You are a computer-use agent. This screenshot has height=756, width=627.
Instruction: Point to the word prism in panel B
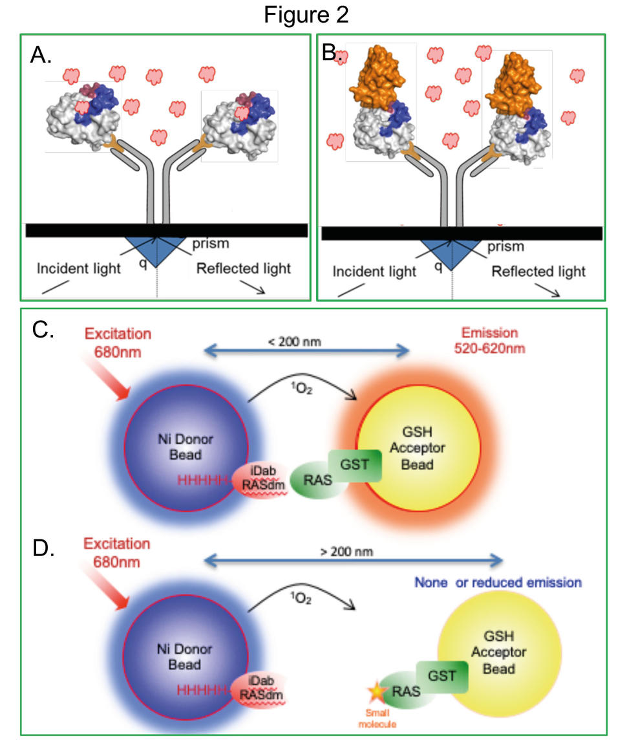505,246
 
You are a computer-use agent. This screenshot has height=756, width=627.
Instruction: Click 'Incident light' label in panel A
78,268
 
